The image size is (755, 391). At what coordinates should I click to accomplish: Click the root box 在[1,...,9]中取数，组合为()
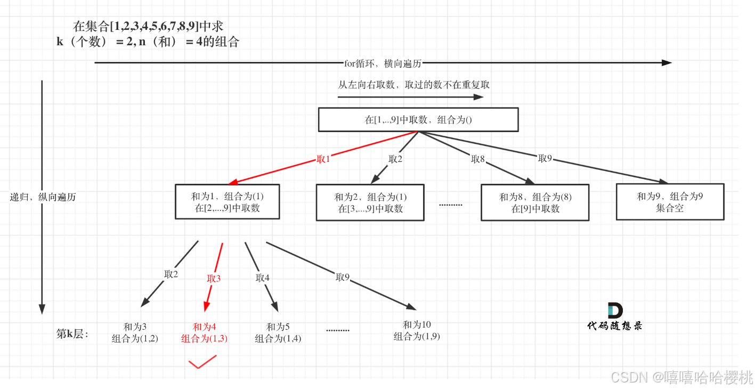coord(418,120)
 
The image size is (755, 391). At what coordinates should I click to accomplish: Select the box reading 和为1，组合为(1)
coord(228,202)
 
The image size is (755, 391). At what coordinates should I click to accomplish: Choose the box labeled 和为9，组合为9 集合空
coord(670,202)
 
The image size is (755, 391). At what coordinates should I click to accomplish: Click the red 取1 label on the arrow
coord(324,159)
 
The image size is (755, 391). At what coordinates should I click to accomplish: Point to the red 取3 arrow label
coord(214,278)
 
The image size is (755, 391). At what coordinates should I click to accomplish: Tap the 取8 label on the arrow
coord(478,159)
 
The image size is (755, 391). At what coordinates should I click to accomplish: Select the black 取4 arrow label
coord(263,278)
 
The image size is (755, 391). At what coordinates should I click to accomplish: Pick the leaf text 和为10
coord(417,325)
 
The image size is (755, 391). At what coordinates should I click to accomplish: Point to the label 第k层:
coord(72,334)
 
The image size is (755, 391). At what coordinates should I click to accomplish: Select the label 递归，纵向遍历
coord(43,197)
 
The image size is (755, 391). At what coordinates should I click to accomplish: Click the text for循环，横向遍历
coord(383,63)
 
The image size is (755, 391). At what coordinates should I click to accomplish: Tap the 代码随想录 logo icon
coord(615,311)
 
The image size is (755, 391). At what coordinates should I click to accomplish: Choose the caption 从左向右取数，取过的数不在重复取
coord(414,85)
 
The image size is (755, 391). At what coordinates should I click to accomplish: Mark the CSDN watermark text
coord(681,378)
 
